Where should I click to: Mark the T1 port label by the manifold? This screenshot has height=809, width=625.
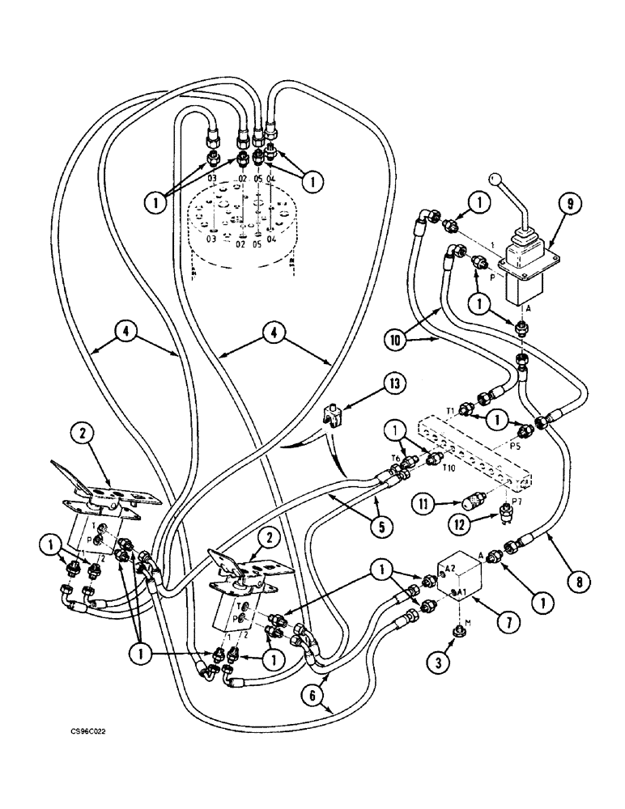tap(452, 410)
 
